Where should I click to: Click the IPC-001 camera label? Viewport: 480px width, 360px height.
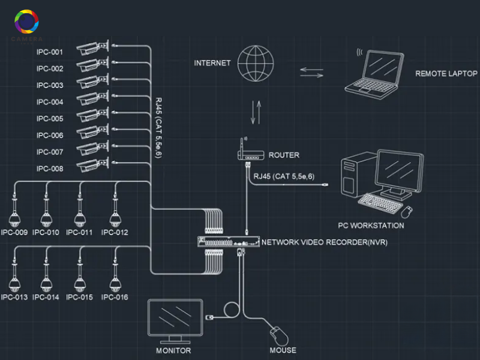click(50, 52)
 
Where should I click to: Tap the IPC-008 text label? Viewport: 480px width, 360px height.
click(50, 169)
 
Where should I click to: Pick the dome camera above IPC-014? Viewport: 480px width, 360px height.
click(45, 278)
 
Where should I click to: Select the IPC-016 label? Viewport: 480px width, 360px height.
click(115, 297)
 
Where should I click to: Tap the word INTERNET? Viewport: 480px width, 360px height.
click(212, 63)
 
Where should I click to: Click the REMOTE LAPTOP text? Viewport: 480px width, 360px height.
click(446, 74)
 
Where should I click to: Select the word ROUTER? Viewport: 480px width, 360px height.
click(284, 155)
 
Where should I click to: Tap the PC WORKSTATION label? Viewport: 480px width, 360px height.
click(371, 226)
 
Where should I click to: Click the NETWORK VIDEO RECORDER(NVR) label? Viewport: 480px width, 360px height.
click(324, 242)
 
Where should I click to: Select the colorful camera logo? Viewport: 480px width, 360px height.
click(26, 23)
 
